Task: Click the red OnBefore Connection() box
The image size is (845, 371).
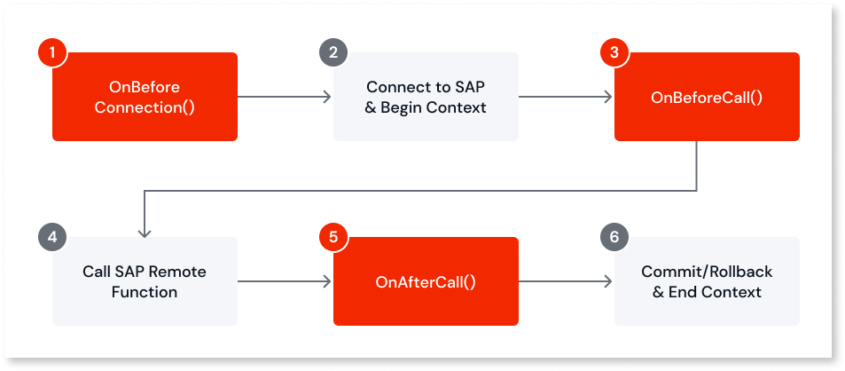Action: [145, 97]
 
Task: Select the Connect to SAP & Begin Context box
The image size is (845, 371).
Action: [425, 97]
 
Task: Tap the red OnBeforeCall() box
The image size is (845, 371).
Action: [707, 97]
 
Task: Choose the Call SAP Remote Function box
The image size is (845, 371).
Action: [145, 280]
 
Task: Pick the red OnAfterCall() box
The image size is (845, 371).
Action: [425, 281]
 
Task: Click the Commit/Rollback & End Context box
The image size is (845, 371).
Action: [707, 280]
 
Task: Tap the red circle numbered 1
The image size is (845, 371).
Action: [52, 52]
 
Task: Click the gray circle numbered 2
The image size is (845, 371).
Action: [333, 52]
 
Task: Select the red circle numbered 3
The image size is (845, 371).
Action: [614, 52]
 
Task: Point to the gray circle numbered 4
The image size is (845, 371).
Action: [52, 237]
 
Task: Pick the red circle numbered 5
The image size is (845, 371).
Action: [333, 237]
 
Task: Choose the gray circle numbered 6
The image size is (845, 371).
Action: [614, 237]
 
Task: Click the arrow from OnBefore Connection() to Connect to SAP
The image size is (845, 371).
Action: [285, 97]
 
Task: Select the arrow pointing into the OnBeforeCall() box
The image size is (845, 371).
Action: [566, 97]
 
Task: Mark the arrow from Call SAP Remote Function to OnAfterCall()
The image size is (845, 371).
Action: [285, 281]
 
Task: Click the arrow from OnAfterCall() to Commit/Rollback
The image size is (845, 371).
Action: [566, 281]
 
